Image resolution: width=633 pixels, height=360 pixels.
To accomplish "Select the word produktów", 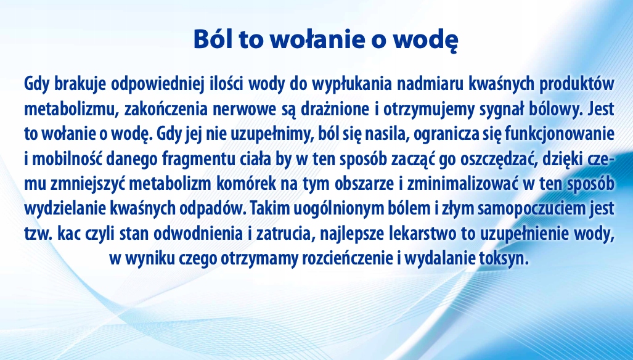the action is (x=576, y=84).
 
